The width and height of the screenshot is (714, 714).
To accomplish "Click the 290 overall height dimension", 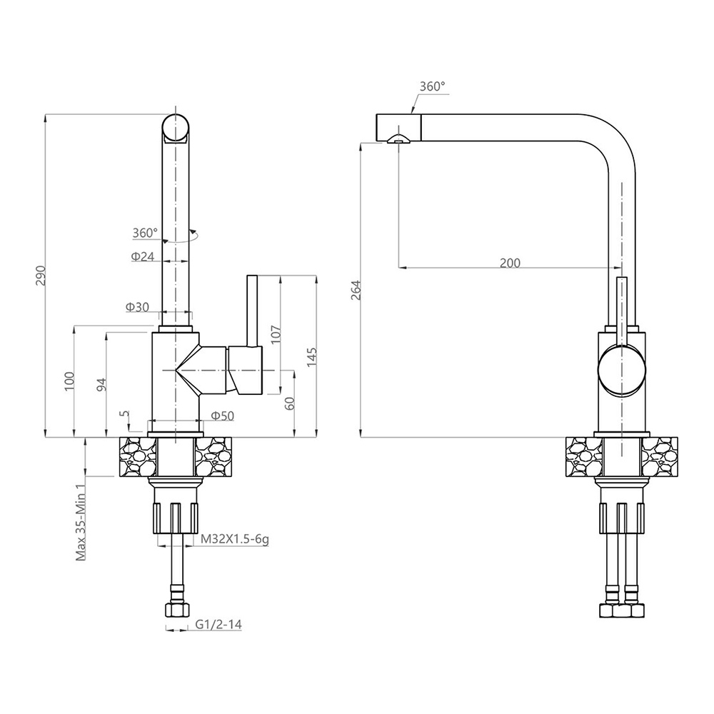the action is click(41, 275).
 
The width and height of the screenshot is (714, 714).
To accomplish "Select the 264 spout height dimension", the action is click(356, 290).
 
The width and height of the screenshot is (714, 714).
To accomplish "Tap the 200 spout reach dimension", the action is click(510, 263).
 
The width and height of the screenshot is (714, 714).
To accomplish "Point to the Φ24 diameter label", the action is click(143, 256).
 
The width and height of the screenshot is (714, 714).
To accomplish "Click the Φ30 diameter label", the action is click(138, 307).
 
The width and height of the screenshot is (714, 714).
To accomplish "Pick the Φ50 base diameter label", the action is click(223, 416).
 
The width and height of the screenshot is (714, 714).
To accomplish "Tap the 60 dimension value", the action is click(290, 403).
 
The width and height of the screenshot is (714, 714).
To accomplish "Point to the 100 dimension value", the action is click(69, 381).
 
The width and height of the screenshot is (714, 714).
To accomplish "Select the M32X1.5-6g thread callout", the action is click(235, 540).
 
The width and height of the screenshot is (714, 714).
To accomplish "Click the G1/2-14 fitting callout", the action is click(218, 624).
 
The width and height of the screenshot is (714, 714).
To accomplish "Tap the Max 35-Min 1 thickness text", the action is click(81, 523).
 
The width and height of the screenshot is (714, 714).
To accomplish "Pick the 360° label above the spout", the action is click(432, 86).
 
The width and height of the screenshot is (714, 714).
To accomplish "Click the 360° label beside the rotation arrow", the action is click(145, 233).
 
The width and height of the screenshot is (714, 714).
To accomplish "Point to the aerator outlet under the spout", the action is click(398, 139).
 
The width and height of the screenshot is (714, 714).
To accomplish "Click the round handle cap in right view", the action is click(622, 369).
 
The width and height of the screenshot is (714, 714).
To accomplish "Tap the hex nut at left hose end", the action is click(176, 610).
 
